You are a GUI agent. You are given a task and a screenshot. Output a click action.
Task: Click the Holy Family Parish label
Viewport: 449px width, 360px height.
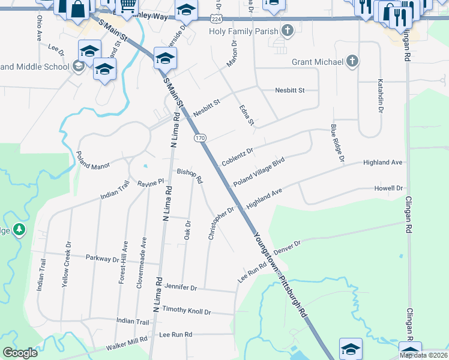point(244,31)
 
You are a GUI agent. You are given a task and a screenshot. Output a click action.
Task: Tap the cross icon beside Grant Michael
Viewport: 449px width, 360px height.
point(352,61)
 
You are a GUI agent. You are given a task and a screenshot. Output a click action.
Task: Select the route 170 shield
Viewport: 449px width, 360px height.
point(200,138)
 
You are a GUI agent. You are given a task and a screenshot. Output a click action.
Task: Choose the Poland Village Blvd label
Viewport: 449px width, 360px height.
point(258,172)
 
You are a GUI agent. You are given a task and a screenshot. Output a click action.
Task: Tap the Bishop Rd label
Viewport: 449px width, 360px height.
point(190,175)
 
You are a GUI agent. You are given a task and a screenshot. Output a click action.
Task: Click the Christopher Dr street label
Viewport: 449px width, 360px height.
point(221,223)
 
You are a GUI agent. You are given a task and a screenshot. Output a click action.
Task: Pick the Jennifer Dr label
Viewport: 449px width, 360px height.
point(180,288)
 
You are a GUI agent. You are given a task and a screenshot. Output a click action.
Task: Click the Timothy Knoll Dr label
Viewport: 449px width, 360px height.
point(187,312)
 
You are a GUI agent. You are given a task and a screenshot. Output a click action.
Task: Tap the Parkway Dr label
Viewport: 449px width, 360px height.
point(103,259)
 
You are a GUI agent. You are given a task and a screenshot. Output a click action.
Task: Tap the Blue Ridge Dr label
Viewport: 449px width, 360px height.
point(337,143)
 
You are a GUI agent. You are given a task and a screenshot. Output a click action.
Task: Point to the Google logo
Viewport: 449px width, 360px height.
point(20,353)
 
